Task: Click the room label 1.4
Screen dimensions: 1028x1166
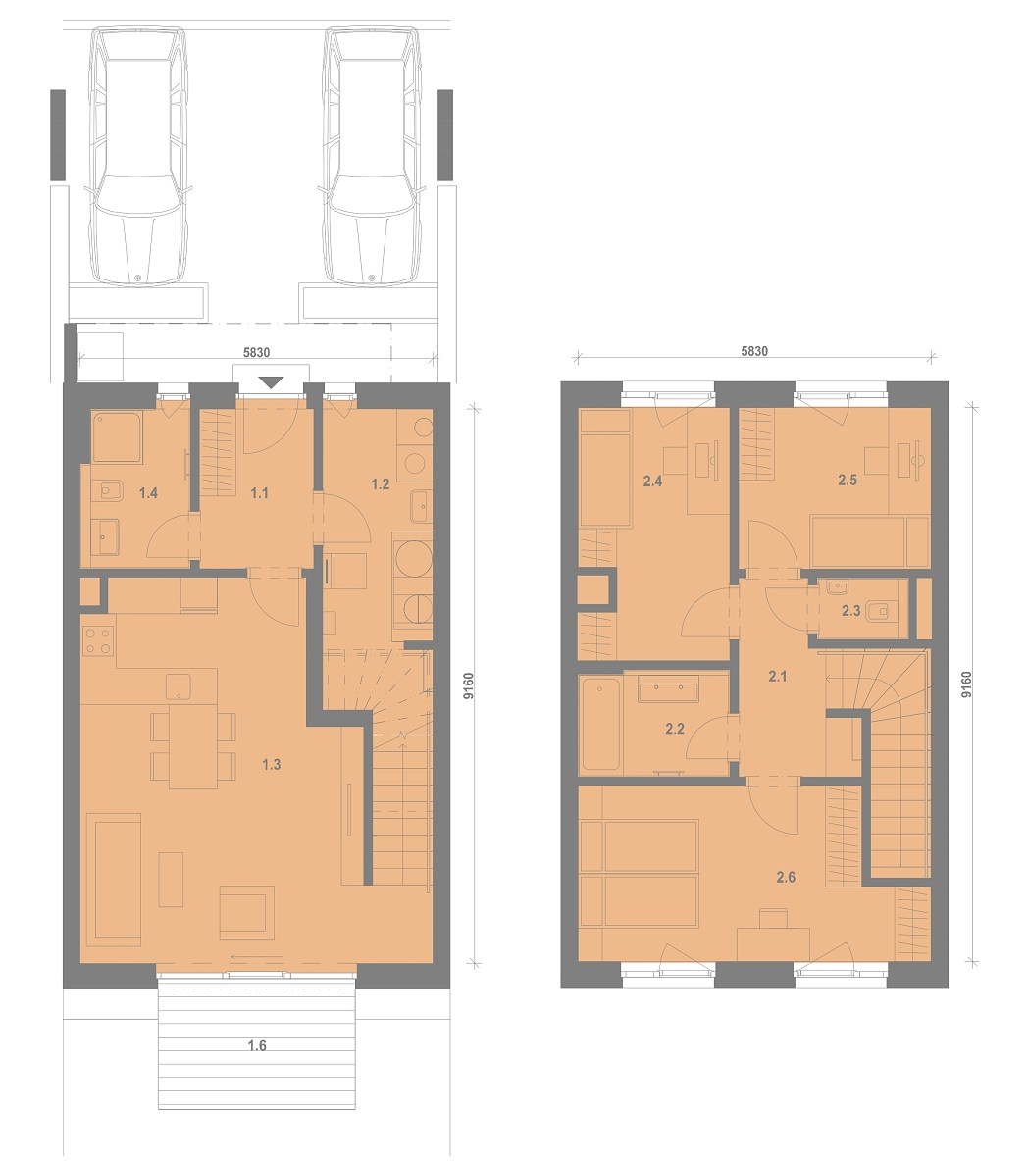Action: click(x=148, y=493)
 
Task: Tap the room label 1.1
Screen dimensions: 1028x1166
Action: click(x=259, y=493)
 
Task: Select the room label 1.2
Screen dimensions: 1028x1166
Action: click(x=381, y=484)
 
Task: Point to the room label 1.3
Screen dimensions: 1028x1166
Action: click(x=271, y=765)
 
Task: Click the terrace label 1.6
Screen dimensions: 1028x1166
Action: click(x=257, y=1046)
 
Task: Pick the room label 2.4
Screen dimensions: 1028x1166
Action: click(x=652, y=482)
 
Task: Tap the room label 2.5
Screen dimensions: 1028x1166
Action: click(x=848, y=481)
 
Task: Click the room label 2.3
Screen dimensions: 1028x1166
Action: click(x=851, y=611)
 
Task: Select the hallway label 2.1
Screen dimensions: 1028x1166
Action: click(x=777, y=677)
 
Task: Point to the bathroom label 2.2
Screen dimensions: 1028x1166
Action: click(x=675, y=730)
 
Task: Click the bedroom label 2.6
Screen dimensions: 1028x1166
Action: click(x=786, y=878)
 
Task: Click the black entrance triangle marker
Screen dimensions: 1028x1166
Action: click(x=273, y=383)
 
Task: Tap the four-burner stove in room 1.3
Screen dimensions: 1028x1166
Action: click(x=98, y=641)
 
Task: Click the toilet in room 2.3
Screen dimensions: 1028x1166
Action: click(x=879, y=611)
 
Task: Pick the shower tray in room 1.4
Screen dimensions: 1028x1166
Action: click(x=116, y=438)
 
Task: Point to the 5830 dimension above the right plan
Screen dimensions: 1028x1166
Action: click(x=754, y=351)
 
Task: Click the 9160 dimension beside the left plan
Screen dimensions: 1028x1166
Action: click(x=469, y=686)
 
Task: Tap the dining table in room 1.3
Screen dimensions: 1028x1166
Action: click(x=192, y=746)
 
